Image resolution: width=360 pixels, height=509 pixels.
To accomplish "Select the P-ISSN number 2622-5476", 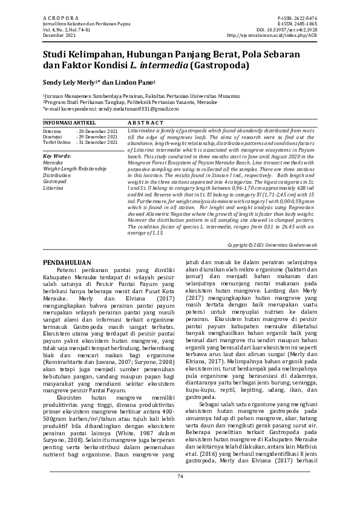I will [303, 19].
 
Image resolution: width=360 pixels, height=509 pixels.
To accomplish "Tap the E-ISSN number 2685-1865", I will [303, 25].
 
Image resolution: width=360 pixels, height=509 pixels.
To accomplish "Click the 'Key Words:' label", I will [57, 156].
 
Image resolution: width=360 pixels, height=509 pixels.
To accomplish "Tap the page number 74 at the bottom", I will [180, 493].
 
